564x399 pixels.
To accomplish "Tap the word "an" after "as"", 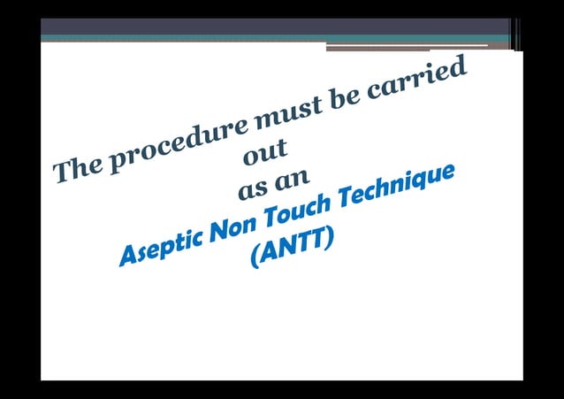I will [291, 180].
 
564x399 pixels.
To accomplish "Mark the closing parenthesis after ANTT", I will [329, 238].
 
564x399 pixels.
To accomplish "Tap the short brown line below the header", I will [407, 47].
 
